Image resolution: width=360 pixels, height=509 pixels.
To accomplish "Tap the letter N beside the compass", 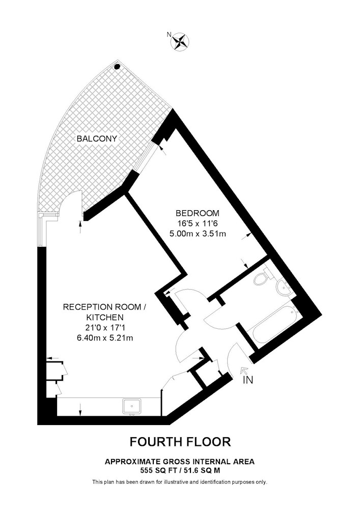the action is point(169,34).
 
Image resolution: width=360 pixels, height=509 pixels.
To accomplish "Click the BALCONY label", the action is point(97,139).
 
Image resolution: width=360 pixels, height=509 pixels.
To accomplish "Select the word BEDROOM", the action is point(198,213).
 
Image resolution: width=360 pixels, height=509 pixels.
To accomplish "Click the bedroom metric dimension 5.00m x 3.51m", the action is point(198,233).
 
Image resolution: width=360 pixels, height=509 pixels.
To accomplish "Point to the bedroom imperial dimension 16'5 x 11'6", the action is point(198,223).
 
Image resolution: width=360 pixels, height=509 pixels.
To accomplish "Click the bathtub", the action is point(272,326).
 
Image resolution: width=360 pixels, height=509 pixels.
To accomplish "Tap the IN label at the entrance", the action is point(248,380).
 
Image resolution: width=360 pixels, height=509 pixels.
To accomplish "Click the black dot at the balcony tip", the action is point(117,67).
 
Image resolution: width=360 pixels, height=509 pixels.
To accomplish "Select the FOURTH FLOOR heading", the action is point(180,442).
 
